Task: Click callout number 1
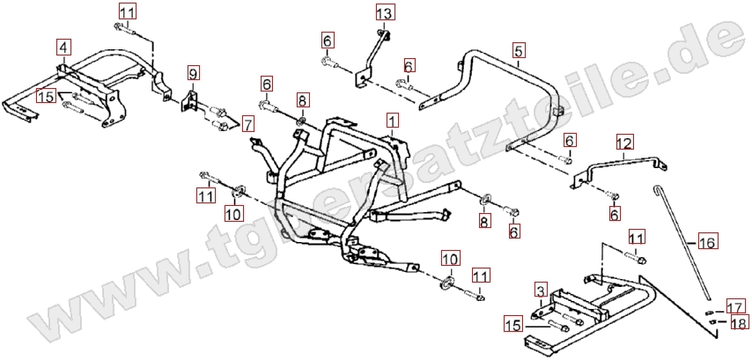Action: [392, 118]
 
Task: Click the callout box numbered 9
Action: [194, 71]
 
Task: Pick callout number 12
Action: [624, 143]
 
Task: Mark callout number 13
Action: [386, 13]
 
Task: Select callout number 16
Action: [708, 240]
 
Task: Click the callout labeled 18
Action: [735, 323]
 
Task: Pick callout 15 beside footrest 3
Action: [513, 326]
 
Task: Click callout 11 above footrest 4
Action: [128, 12]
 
